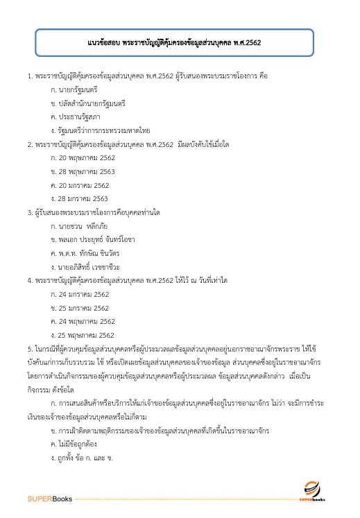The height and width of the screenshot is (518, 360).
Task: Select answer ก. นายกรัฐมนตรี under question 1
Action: (74, 90)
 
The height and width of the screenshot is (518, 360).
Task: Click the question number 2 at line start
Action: (29, 144)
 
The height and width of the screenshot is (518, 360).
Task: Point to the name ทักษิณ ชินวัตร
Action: (104, 252)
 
